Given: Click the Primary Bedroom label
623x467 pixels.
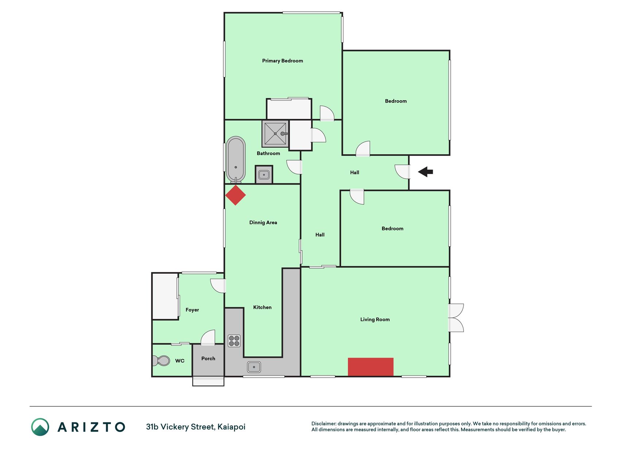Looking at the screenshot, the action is pos(282,61).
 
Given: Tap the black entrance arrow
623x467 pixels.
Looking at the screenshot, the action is pos(425,171).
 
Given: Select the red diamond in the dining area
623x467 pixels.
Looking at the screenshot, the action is pos(235,195).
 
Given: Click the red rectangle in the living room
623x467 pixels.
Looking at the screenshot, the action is pos(370,367).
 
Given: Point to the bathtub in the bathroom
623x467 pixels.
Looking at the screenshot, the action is pos(236,160).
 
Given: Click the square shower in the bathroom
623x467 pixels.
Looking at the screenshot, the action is pos(275,134).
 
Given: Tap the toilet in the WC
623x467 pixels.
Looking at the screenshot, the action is pos(161,361).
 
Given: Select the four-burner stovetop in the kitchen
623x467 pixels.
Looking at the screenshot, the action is pos(234,341).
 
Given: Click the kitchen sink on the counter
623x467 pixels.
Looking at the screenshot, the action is pos(254,367).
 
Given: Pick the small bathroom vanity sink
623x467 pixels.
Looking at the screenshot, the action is pos(264,175).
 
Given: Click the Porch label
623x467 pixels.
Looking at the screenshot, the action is pos(208,359).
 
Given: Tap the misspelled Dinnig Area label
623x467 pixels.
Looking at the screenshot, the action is pos(263,223).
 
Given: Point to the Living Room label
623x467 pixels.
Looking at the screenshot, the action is pos(375,320).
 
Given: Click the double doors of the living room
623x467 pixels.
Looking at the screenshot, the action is pos(456,318).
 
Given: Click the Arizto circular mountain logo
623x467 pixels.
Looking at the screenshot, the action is pos(40,427).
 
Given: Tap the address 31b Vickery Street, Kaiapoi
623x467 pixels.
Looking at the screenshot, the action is pos(196,427).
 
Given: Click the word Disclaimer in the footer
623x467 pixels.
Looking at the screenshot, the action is pos(324,424).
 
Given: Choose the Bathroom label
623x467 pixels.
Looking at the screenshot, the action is pos(268,154).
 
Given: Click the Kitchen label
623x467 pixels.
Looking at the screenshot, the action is pos(262,308).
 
